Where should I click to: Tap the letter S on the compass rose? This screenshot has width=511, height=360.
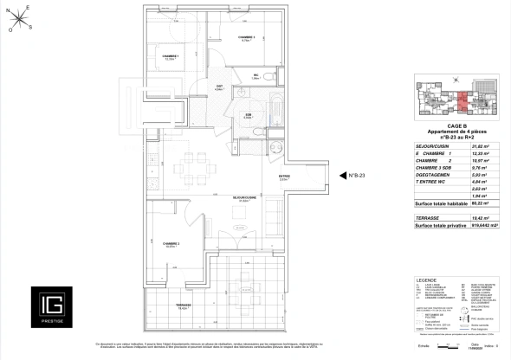[x=30, y=26]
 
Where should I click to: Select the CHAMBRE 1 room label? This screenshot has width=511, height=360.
[x=158, y=56]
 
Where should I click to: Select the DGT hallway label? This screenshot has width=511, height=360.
[x=219, y=87]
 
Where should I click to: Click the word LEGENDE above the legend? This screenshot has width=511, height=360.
[x=427, y=279]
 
